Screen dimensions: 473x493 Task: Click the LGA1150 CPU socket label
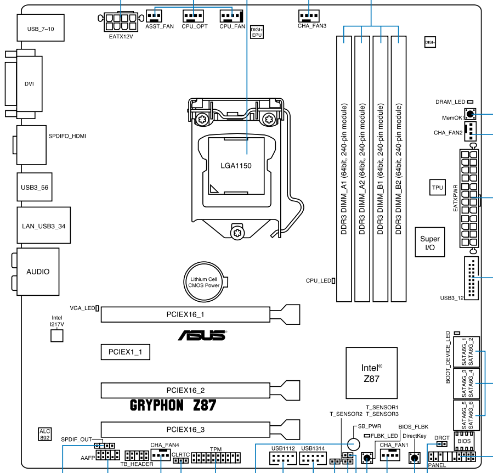coord(236,165)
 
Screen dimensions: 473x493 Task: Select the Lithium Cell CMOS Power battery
coord(204,283)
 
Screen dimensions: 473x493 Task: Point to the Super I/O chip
coord(430,243)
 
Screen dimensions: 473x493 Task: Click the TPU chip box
coord(437,188)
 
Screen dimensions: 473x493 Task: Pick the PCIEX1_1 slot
coord(125,352)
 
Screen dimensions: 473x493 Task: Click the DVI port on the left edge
coord(29,84)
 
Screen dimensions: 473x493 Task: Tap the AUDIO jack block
coord(38,272)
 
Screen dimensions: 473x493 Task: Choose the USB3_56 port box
coord(35,187)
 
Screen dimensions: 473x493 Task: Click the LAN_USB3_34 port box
coord(44,225)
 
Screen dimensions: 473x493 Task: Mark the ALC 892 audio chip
coord(44,434)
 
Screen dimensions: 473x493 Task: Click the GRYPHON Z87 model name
coord(173,406)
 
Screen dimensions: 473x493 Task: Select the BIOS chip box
coord(464,441)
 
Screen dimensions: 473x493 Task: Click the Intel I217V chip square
coord(58,336)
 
